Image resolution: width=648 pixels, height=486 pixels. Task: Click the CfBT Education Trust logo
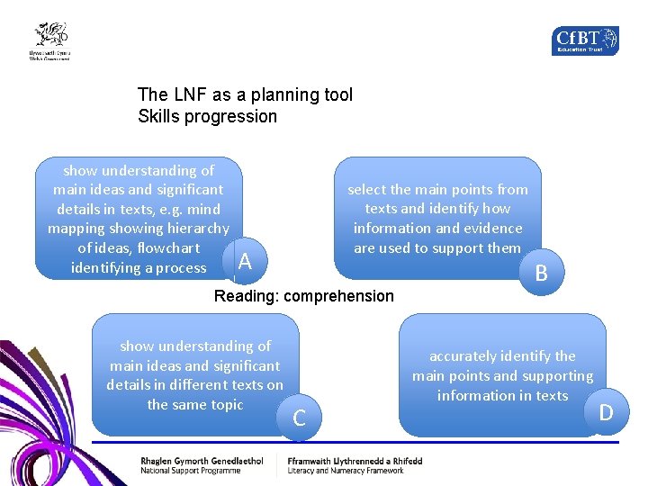[x=585, y=40]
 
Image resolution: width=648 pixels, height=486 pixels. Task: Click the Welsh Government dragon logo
[x=50, y=40]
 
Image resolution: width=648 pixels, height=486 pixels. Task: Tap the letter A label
[x=244, y=262]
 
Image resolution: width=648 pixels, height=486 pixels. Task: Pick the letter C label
[x=300, y=418]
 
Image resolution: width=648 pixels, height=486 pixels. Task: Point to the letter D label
[x=606, y=412]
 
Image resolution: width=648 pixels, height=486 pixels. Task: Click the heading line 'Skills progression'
[x=207, y=116]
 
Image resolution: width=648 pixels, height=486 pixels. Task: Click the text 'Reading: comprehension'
[x=304, y=296]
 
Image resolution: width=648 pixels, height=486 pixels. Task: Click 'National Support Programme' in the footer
[x=190, y=471]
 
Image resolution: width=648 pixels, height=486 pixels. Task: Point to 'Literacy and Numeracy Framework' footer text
[x=346, y=471]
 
